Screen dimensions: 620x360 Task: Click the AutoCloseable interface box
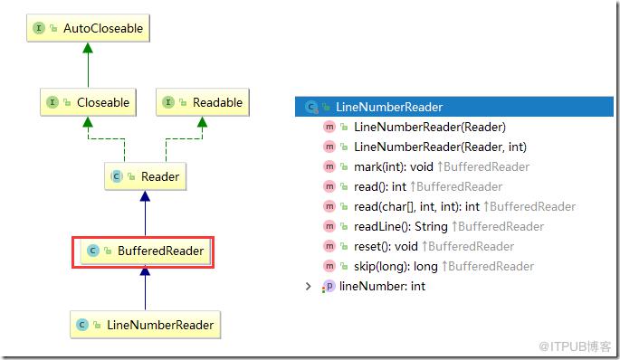click(88, 28)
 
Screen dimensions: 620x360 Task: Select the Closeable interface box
click(88, 102)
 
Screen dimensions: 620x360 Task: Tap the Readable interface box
click(203, 102)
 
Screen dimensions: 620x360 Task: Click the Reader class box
click(145, 176)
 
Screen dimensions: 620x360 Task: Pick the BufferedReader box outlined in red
click(143, 252)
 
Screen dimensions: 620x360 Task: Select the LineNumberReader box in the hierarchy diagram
click(145, 325)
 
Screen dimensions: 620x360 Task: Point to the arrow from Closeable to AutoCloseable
click(88, 65)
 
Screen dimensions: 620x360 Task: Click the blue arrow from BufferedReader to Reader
click(145, 213)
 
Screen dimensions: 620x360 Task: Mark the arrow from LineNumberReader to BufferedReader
click(145, 288)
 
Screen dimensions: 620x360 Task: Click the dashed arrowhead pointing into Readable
click(202, 122)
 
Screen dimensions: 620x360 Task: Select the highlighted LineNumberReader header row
click(454, 107)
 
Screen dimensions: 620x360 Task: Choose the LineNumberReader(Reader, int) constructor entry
click(425, 147)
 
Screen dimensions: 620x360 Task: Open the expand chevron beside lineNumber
click(308, 286)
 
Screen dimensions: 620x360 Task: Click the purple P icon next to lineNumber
click(329, 286)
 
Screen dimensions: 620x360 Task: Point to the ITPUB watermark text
click(575, 346)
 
